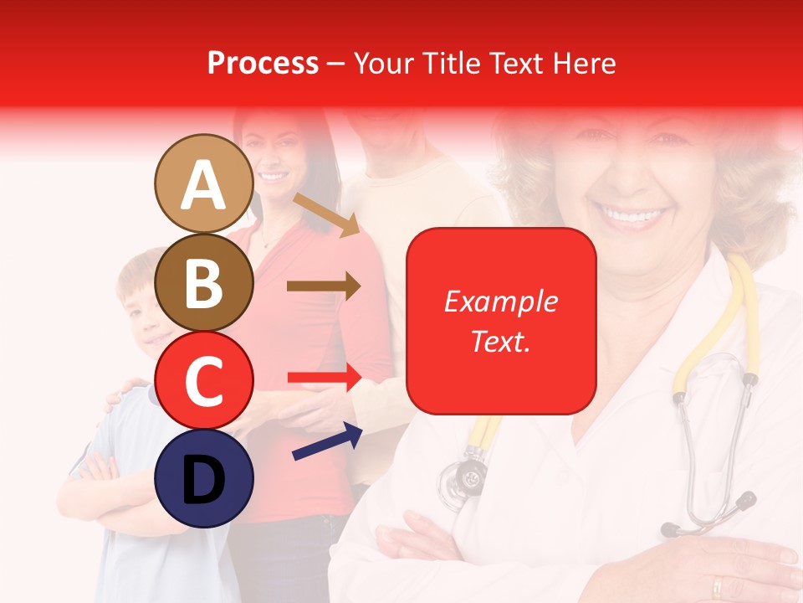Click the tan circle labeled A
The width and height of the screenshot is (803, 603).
tap(204, 183)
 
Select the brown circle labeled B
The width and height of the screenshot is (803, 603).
tap(204, 282)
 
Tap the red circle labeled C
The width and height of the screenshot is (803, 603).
tap(204, 380)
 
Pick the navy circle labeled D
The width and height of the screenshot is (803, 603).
tap(204, 478)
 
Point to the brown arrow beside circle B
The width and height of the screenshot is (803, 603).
tap(323, 286)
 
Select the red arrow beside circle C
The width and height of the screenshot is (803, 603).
tap(325, 378)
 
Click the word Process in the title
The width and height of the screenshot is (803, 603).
tap(263, 63)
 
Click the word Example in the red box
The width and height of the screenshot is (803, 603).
tap(500, 301)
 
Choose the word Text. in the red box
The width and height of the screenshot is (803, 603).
tap(500, 341)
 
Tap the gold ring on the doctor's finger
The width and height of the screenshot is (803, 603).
tap(717, 585)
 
